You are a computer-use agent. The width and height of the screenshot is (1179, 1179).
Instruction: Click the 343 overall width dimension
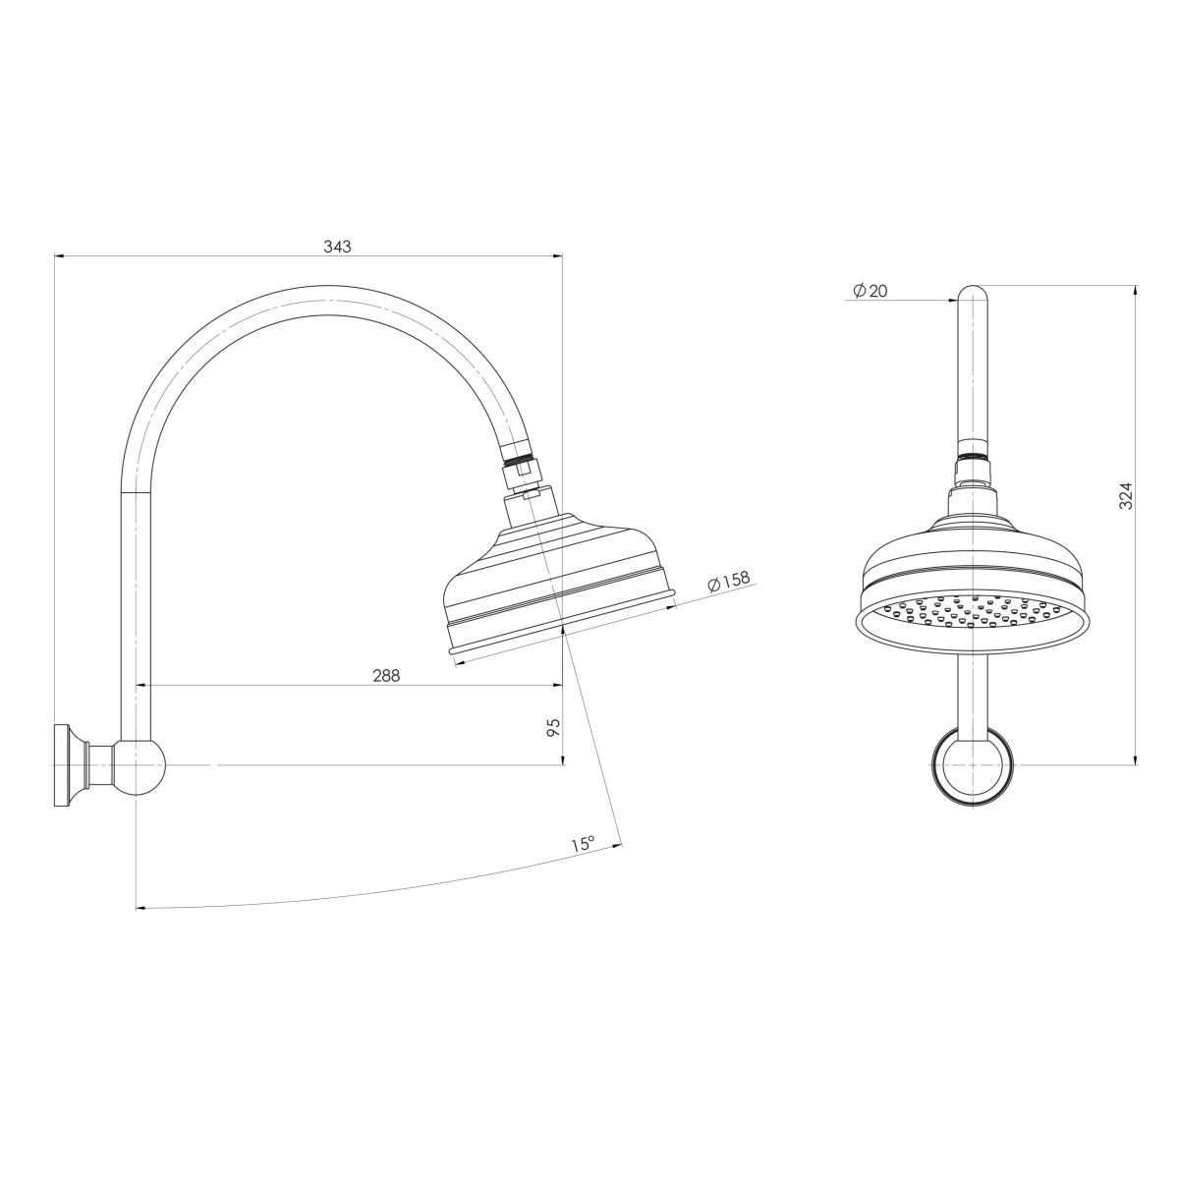click(337, 247)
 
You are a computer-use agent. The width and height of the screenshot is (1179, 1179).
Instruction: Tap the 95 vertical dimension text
click(553, 727)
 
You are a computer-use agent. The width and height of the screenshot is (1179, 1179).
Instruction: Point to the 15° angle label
click(583, 844)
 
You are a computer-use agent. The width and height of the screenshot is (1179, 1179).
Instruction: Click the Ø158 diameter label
click(728, 582)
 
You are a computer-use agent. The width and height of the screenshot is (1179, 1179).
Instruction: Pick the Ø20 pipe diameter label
click(870, 291)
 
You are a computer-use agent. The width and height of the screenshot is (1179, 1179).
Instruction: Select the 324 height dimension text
click(1126, 494)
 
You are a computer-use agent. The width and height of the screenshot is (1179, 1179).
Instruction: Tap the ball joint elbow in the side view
click(140, 765)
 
